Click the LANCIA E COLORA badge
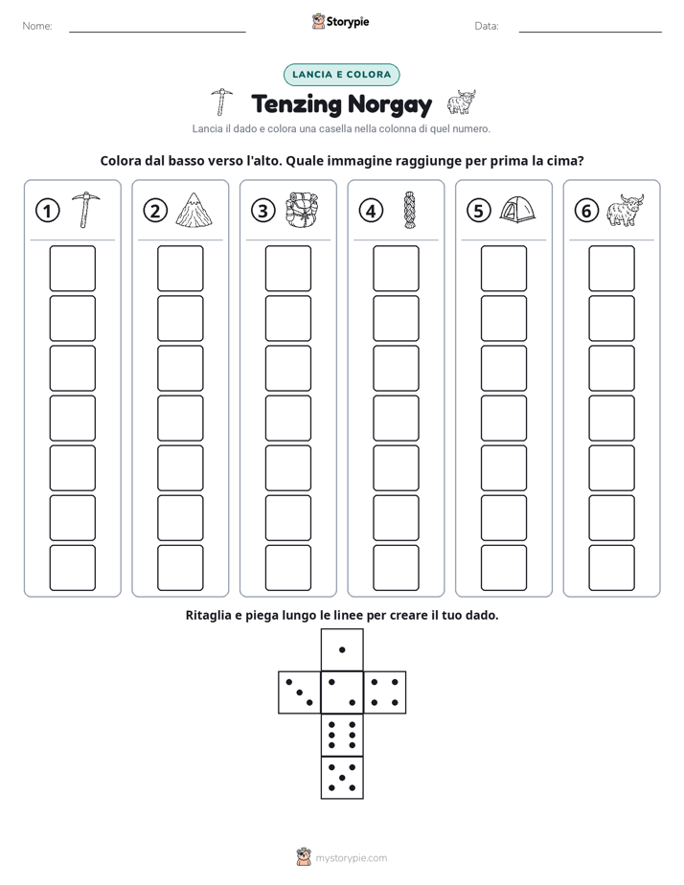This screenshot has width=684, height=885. click(341, 75)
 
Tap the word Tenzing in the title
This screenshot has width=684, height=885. click(297, 105)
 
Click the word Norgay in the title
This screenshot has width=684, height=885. click(389, 105)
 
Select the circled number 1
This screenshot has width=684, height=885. click(47, 211)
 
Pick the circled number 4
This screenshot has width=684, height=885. click(371, 211)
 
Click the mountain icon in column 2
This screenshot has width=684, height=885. click(194, 210)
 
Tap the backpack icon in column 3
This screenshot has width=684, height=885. click(302, 210)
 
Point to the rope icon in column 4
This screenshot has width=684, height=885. click(409, 210)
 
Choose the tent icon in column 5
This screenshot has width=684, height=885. click(517, 210)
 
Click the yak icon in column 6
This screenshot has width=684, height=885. click(625, 210)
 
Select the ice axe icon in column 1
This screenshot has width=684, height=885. click(85, 210)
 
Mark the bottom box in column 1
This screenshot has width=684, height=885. click(72, 568)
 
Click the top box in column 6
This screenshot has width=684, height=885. click(612, 268)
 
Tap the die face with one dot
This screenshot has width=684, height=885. click(342, 650)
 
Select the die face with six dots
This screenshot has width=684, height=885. click(342, 735)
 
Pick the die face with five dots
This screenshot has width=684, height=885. click(342, 777)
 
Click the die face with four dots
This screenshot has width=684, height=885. click(385, 692)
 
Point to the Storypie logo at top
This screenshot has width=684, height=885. click(340, 21)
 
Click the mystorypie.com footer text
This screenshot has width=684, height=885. click(351, 858)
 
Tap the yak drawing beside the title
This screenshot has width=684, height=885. click(462, 102)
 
